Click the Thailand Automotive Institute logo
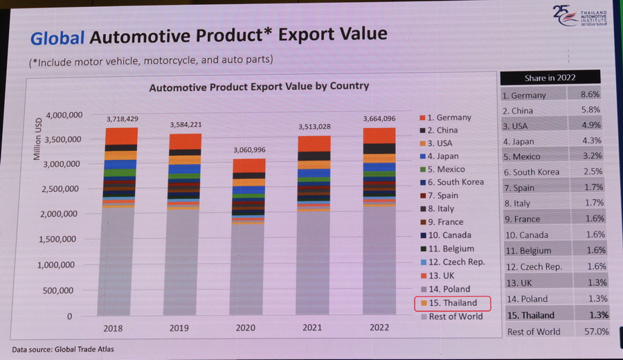pos(581,17)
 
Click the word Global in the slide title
pos(58,35)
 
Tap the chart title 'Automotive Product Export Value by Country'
pos(259,87)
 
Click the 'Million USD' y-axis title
pos(37,139)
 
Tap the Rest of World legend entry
pos(455,316)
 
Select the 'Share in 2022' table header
pos(550,78)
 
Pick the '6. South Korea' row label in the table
pos(531,172)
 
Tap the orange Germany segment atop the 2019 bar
pos(186,141)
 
